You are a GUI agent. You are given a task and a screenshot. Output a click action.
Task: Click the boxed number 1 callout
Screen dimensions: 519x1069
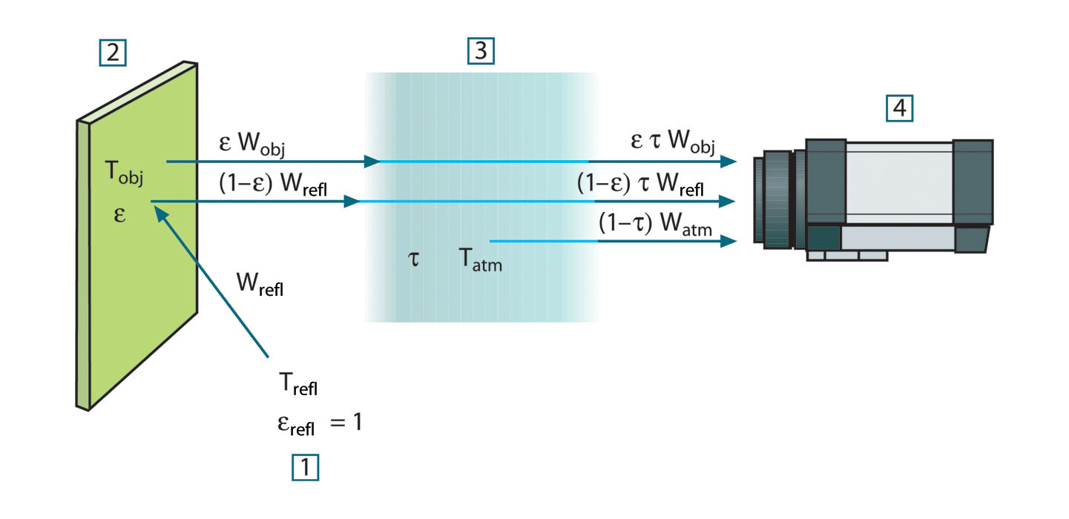point(306,467)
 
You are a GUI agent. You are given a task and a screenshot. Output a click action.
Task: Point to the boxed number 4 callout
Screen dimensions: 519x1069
point(899,109)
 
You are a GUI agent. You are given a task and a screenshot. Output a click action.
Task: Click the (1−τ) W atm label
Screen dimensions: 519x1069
point(656,226)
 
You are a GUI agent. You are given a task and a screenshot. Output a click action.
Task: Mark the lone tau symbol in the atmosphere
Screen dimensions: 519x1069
point(415,260)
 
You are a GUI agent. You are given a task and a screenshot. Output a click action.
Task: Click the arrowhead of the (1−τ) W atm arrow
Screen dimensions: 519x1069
point(731,242)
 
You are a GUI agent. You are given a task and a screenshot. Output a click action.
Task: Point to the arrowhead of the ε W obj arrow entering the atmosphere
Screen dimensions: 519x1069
point(373,161)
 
